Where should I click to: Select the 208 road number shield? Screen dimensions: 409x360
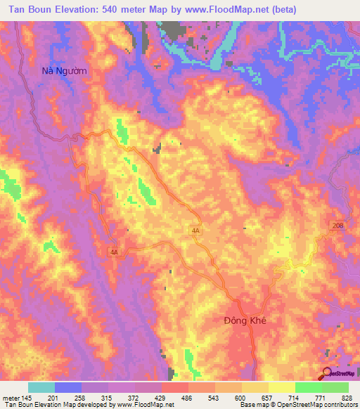(338, 225)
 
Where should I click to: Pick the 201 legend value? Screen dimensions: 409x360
(55, 397)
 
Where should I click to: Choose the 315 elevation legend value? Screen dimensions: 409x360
(108, 397)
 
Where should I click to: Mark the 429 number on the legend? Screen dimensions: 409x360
(162, 397)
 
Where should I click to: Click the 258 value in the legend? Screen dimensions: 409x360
(82, 397)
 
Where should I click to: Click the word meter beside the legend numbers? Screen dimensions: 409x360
(10, 397)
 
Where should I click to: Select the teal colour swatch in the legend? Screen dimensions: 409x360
(41, 387)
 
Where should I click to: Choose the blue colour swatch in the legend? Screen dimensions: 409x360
(68, 387)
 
